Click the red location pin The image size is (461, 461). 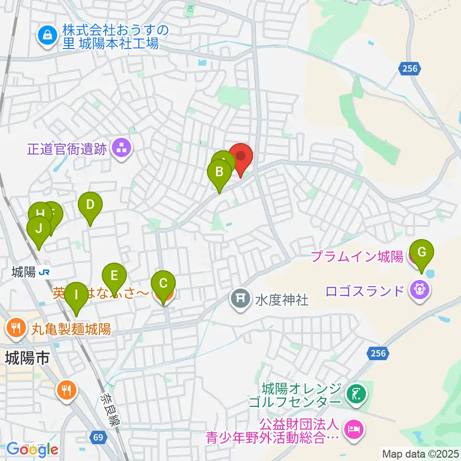coord(241,158)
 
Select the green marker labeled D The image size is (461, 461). coord(90,206)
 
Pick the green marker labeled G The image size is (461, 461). coord(422,253)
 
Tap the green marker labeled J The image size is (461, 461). coord(39,230)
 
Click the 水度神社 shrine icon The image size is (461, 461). coord(240,300)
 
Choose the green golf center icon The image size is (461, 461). coord(356,394)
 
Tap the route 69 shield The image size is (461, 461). coord(98,437)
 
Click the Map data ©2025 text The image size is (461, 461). coord(421,453)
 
